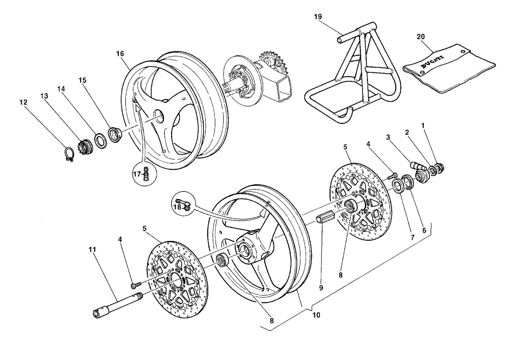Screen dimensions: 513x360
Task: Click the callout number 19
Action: [318, 17]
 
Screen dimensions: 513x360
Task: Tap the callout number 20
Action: [421, 37]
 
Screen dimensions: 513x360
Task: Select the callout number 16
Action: [120, 54]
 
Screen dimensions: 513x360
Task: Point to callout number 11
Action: [92, 249]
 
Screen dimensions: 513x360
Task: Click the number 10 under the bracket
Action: [316, 315]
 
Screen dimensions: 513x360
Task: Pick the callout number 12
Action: [23, 102]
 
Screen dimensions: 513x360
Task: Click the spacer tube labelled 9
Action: [325, 217]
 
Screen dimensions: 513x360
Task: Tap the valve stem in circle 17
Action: [146, 174]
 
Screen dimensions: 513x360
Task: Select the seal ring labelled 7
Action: [398, 186]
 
